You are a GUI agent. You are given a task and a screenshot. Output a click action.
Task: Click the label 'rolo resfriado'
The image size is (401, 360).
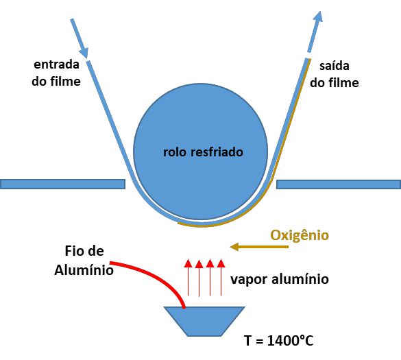(x=203, y=152)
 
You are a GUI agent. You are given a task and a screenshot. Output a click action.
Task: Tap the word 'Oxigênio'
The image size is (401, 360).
(x=300, y=235)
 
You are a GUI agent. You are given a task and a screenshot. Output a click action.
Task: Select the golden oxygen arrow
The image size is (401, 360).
(x=259, y=247)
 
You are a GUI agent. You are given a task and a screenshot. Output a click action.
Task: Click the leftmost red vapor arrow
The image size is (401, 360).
(x=189, y=278)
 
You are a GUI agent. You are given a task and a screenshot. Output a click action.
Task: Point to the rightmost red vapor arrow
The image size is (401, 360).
(x=221, y=278)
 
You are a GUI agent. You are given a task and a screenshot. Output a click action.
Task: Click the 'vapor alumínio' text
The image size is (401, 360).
(x=280, y=279)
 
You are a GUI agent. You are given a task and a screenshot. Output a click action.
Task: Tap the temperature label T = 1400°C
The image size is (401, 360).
(x=279, y=341)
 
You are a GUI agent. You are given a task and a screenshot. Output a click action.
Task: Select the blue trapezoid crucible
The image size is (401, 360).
(x=204, y=321)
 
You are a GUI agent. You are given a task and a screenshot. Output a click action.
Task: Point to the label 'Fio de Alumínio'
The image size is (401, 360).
(x=84, y=261)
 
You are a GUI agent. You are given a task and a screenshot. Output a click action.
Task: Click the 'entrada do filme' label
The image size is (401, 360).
(x=56, y=73)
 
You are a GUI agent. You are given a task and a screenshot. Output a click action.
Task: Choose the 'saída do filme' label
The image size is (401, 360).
(x=335, y=74)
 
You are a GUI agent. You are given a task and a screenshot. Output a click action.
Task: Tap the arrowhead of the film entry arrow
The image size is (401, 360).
(x=84, y=53)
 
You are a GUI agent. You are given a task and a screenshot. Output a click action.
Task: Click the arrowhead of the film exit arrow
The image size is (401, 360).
(x=318, y=16)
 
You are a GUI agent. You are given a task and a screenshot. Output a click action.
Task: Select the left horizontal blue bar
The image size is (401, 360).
(x=62, y=184)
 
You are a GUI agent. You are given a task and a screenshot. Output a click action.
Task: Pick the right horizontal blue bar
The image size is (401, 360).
(x=339, y=184)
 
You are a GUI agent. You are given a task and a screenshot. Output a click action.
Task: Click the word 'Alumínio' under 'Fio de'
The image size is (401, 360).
(x=84, y=270)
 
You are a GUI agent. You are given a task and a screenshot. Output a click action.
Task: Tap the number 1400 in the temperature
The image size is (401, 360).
(x=283, y=341)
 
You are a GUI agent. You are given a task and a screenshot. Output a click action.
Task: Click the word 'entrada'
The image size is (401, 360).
(x=56, y=64)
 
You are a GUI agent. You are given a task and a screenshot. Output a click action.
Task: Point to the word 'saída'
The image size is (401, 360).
(x=335, y=66)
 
